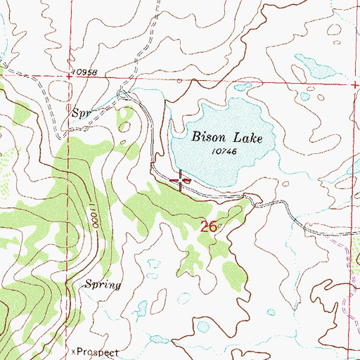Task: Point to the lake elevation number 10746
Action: pyautogui.click(x=221, y=151)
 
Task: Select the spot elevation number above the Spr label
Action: pyautogui.click(x=83, y=73)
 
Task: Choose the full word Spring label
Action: pyautogui.click(x=103, y=285)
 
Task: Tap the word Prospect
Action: pyautogui.click(x=96, y=351)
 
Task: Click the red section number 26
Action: pyautogui.click(x=207, y=226)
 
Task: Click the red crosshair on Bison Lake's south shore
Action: pyautogui.click(x=181, y=181)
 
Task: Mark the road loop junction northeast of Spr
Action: pyautogui.click(x=122, y=94)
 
